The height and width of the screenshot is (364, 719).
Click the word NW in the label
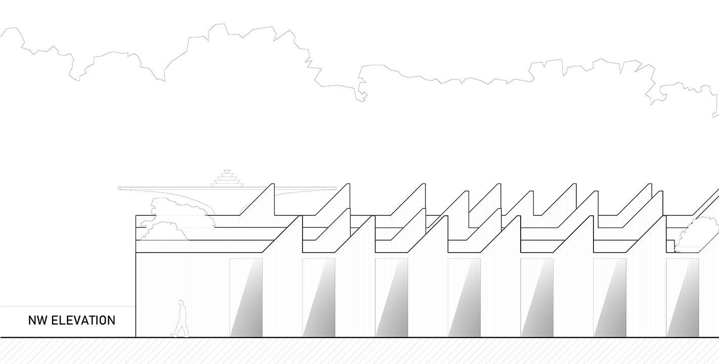coord(37,321)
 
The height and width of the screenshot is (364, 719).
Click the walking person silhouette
coord(181,318)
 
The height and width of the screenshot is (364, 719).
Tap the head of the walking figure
coord(181,302)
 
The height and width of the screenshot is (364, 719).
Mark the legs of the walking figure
coord(181,330)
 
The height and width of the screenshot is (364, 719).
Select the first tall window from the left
coord(246,297)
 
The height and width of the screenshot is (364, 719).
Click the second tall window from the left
coord(319,297)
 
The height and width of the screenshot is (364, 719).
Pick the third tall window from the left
coord(392,297)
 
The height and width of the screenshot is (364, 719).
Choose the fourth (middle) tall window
coord(464,297)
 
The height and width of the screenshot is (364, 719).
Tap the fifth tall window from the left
coord(537,297)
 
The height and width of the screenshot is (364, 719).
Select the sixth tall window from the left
coord(610,297)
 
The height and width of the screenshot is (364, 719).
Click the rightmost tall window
coord(683,297)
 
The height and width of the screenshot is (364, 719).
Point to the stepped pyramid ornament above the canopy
coord(227,178)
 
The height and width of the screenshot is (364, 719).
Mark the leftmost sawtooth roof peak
coord(273,184)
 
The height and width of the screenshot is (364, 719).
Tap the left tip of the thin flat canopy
coord(119,188)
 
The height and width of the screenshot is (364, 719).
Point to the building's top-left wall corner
coord(136,216)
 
